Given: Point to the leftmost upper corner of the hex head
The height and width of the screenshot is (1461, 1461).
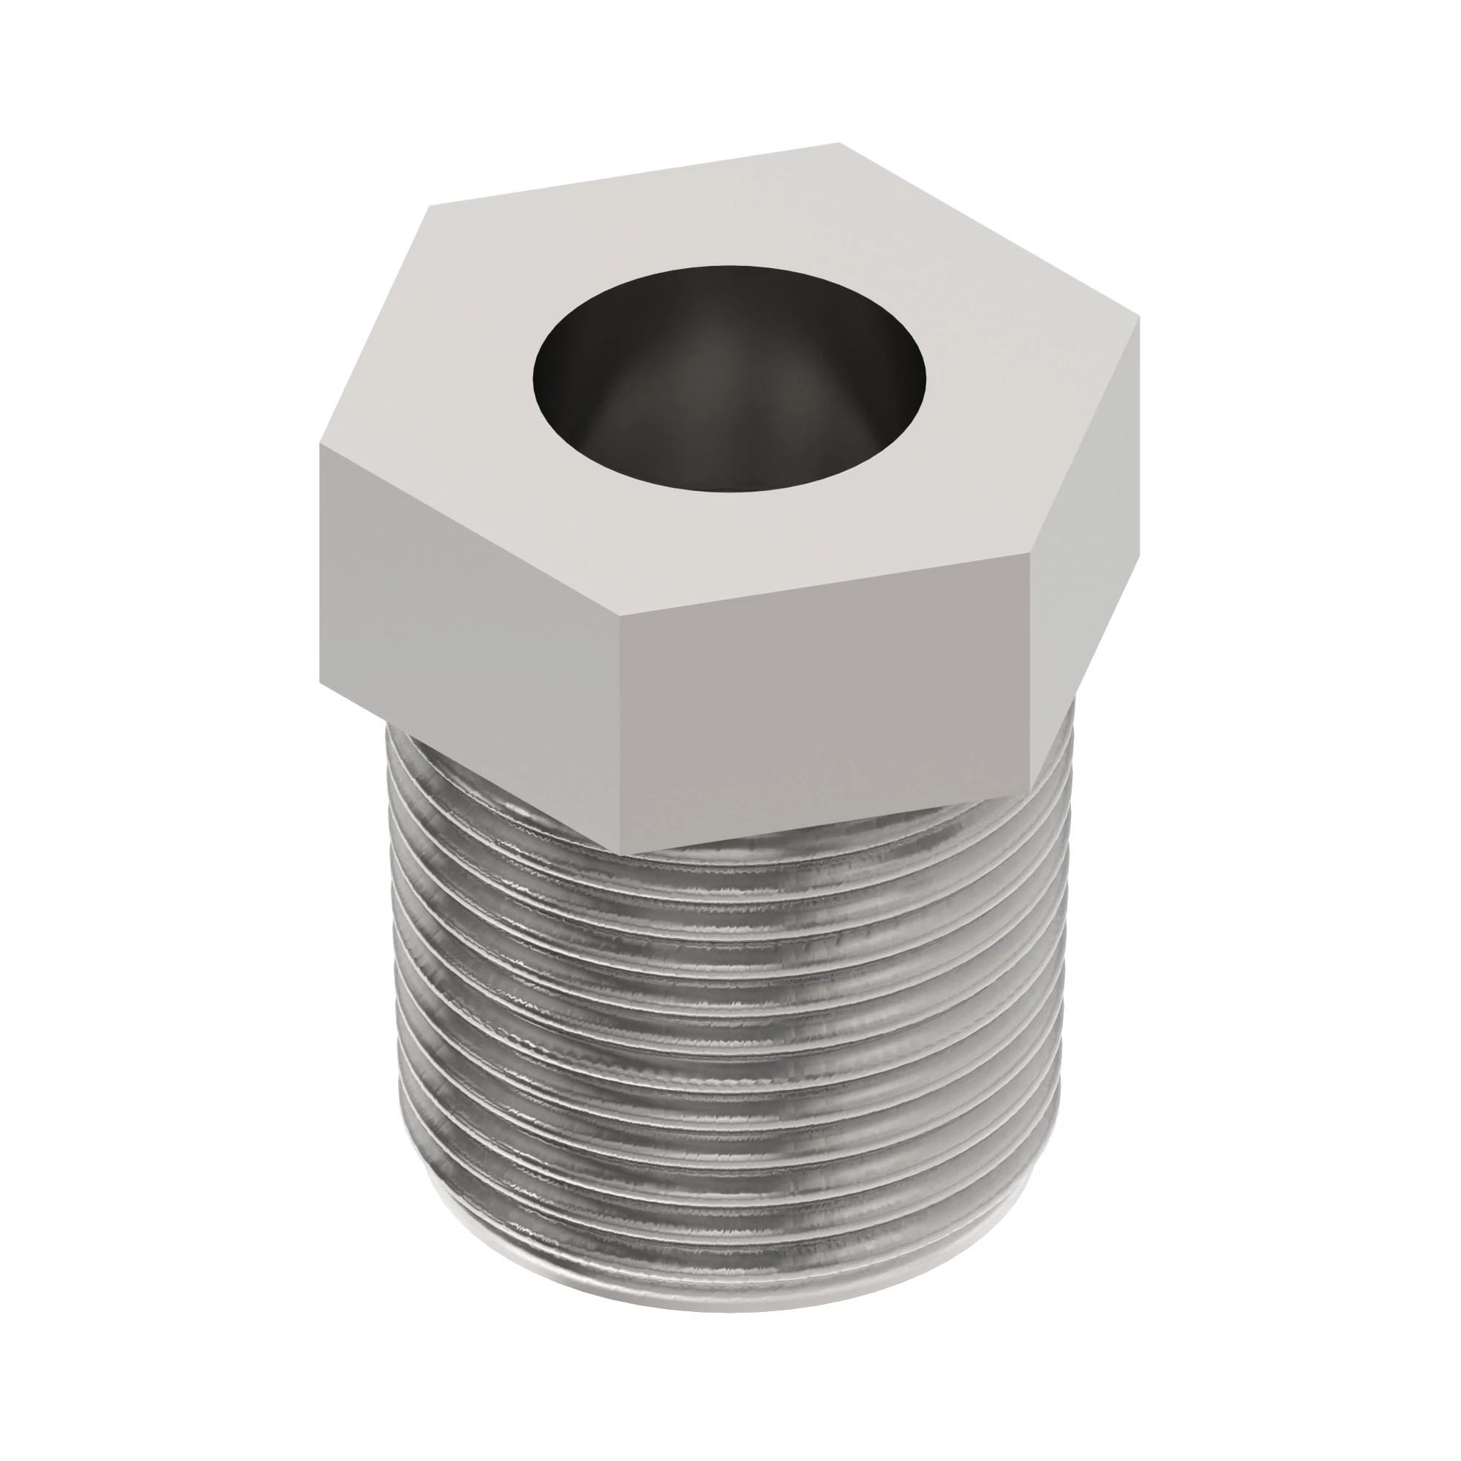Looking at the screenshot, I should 319,445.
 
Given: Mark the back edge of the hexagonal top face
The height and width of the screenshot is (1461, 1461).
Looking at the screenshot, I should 636,174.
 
